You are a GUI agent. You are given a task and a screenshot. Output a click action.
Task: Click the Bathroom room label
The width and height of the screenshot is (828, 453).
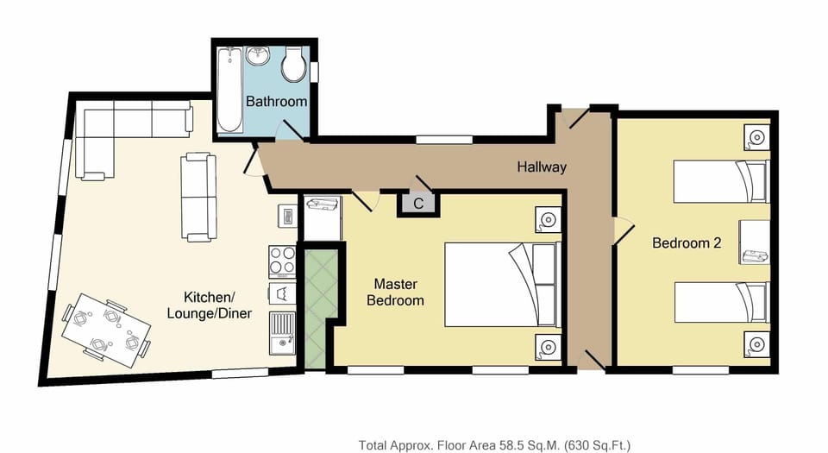[x=276, y=102]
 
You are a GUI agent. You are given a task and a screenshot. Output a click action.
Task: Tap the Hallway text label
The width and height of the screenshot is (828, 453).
[x=542, y=167]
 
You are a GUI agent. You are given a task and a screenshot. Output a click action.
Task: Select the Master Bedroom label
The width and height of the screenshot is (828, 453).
[x=396, y=292]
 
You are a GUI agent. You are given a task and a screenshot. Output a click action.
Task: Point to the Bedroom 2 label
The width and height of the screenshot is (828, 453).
[x=686, y=243]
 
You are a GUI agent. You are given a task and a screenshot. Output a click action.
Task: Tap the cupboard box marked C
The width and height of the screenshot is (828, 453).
[x=418, y=204]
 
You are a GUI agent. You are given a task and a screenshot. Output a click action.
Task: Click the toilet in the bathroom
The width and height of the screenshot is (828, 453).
[x=294, y=62]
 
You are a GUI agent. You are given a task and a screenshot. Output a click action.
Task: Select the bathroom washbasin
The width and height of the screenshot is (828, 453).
[x=258, y=58]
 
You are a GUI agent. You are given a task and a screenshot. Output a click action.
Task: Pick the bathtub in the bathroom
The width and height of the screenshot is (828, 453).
[x=229, y=91]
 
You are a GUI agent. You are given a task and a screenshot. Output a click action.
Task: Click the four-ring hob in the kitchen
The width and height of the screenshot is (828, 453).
[x=283, y=259]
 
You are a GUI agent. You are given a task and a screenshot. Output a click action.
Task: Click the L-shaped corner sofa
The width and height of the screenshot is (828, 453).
[x=121, y=129]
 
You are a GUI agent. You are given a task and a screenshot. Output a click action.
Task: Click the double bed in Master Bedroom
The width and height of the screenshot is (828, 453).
[x=499, y=284]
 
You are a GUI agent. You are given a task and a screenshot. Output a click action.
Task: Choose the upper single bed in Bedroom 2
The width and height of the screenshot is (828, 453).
[x=718, y=181]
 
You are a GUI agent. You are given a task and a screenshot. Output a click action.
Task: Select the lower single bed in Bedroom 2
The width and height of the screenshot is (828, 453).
[x=718, y=302]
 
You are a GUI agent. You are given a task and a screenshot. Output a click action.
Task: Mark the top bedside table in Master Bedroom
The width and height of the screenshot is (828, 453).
[x=546, y=220]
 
